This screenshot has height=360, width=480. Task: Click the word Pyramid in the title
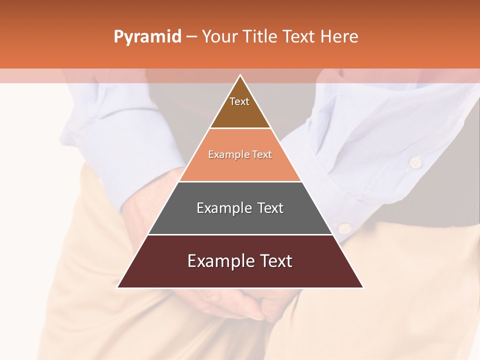(147, 37)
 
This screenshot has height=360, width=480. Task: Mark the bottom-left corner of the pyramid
(118, 287)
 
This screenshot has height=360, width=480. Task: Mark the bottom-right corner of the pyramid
(362, 287)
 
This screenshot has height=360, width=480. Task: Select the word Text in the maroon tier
(274, 261)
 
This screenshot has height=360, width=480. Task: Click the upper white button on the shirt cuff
(414, 162)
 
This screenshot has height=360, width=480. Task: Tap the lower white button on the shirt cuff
(344, 228)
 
